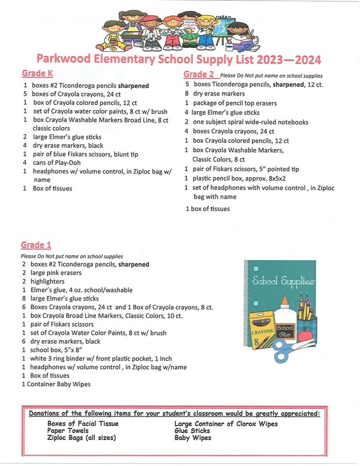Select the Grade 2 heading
click(199, 74)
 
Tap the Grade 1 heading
click(36, 245)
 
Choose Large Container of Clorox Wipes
click(226, 423)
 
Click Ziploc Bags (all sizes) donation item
click(82, 437)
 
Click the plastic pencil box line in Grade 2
click(233, 178)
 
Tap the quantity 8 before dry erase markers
click(186, 93)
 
